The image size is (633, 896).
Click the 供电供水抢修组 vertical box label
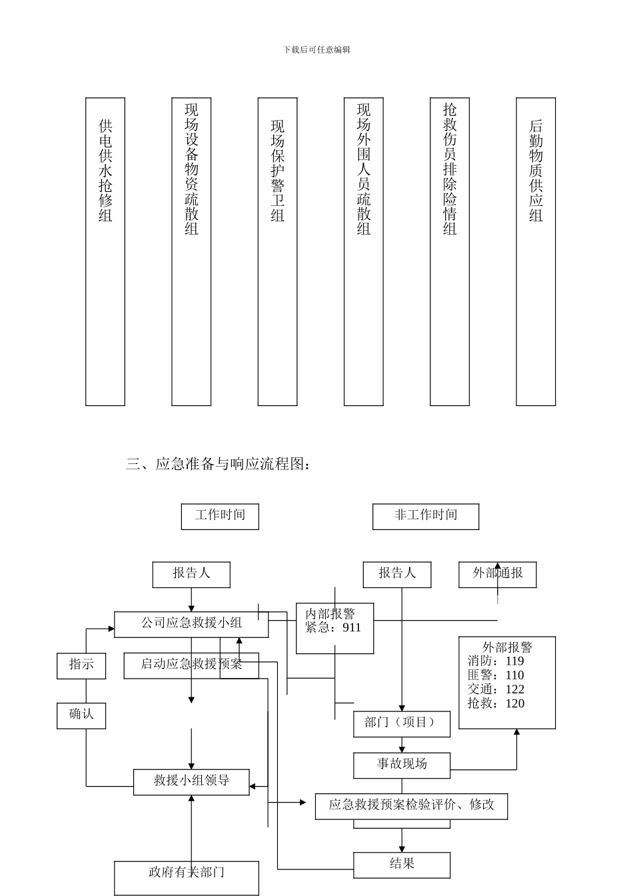pos(105,171)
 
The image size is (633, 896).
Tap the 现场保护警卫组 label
pos(277,171)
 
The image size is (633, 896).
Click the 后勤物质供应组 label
pos(536,171)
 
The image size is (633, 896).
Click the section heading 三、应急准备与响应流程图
pos(218,464)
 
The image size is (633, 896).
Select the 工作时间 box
pos(220,515)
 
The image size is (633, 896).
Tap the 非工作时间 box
pos(426,515)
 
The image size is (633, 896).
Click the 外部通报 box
pos(497,573)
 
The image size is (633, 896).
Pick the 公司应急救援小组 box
pos(191,623)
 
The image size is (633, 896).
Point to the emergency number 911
pos(351,628)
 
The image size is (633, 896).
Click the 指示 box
pos(81,665)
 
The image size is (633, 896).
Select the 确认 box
pos(81,715)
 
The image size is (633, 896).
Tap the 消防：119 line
pos(496,661)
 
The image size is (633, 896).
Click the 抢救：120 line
pos(496,703)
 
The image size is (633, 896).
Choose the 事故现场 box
pos(402,764)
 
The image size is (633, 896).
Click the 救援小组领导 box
pos(191,781)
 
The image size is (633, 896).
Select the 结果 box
pos(402,864)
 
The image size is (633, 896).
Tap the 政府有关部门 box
pos(186,873)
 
